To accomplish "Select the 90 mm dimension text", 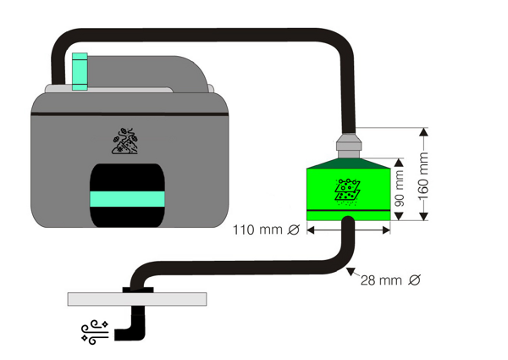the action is tap(400, 189).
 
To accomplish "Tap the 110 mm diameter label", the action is tap(267, 230).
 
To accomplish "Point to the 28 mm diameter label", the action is tap(390, 280).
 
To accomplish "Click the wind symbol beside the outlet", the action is tap(94, 332).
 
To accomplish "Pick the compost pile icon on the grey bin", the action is tap(125, 141).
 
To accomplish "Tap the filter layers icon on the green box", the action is tap(347, 191).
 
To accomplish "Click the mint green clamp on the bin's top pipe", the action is tap(80, 71).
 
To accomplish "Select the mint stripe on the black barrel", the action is tap(127, 199).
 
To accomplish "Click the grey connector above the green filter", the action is tap(349, 146).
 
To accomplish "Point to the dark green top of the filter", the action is tap(348, 163).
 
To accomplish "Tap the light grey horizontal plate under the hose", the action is tap(137, 299).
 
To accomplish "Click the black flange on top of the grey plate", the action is tap(138, 290).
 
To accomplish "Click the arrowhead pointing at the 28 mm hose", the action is tap(351, 271).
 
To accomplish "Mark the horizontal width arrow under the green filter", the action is tap(348, 230).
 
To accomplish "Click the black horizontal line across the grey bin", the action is tap(130, 114).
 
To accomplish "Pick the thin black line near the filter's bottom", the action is tap(348, 210).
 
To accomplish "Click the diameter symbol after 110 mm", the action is tap(294, 230).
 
